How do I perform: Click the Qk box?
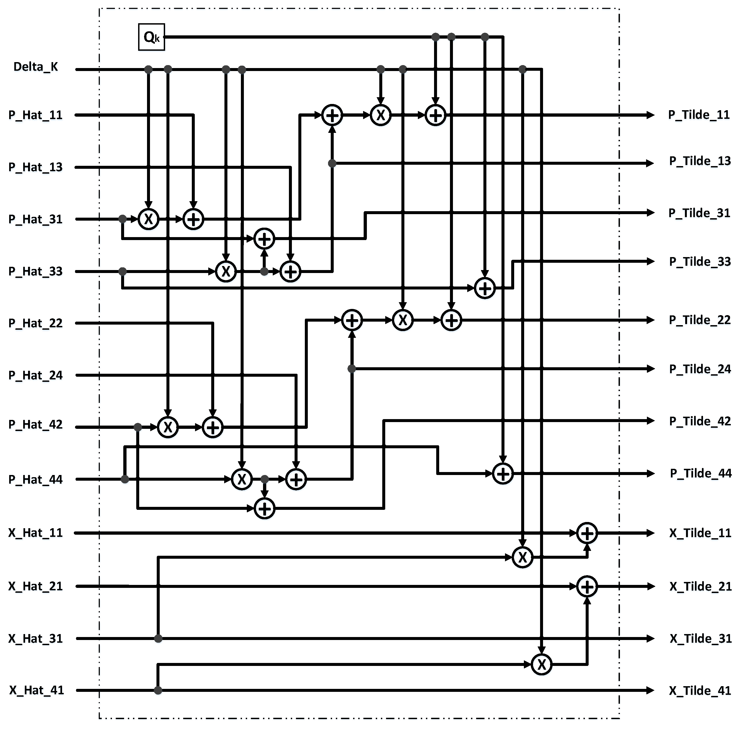(151, 37)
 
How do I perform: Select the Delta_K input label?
(36, 67)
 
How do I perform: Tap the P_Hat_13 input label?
(36, 167)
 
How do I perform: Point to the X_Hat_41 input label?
(37, 690)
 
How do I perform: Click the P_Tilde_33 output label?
(700, 262)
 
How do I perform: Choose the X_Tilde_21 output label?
(700, 586)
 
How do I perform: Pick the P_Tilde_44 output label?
(700, 473)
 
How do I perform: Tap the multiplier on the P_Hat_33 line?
(226, 272)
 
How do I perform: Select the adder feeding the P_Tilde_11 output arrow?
(435, 115)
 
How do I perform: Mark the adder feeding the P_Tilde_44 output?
(503, 474)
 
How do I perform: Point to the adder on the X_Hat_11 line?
(587, 533)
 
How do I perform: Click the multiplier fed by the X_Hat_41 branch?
(541, 665)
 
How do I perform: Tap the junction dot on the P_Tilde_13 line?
(332, 163)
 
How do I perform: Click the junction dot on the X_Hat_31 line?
(158, 638)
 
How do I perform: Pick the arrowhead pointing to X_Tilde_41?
(650, 690)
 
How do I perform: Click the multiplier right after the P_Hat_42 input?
(168, 427)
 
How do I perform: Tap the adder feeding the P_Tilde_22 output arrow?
(451, 320)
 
